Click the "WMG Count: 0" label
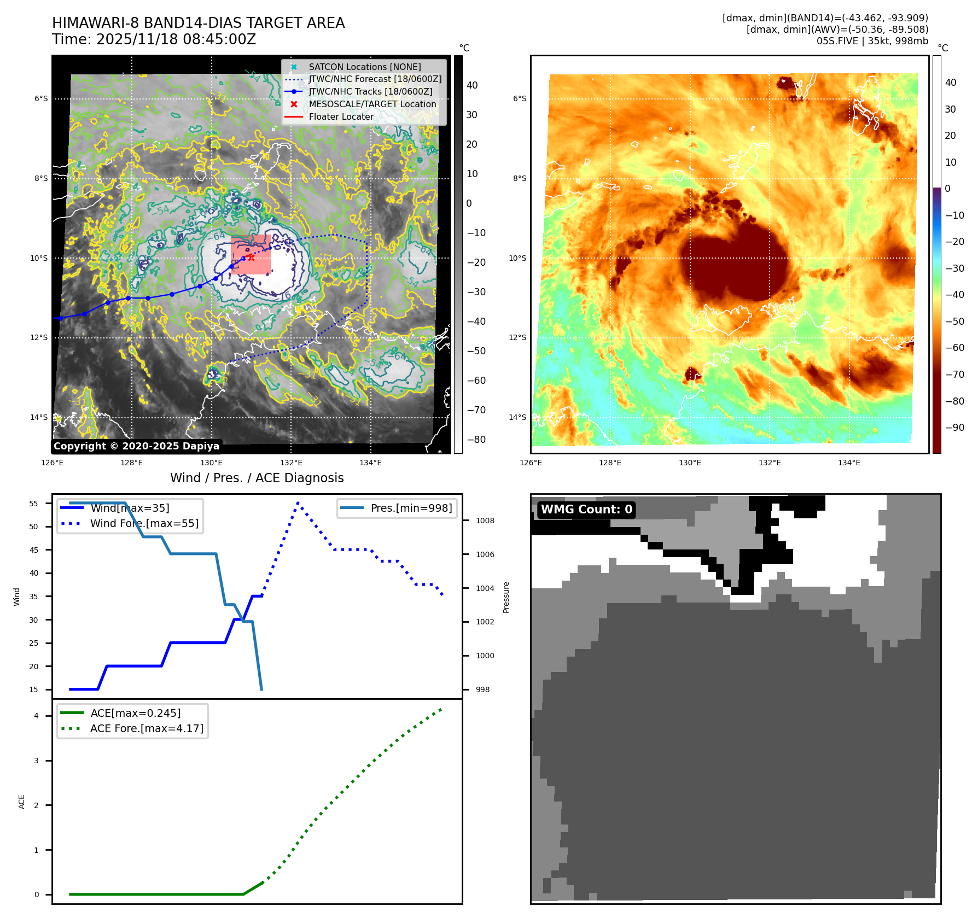coord(586,510)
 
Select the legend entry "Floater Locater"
coord(341,116)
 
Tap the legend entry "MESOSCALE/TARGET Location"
coord(372,104)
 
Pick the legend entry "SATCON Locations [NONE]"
coord(364,67)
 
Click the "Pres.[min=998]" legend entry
coord(411,508)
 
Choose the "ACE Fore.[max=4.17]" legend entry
coord(147,728)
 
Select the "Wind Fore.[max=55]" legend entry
coord(144,523)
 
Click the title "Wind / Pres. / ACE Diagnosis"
coord(257,478)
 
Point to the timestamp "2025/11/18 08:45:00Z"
coord(177,39)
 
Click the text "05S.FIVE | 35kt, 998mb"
coord(872,41)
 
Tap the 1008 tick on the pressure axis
coord(485,521)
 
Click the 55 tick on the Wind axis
coord(34,504)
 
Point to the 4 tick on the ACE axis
coord(36,716)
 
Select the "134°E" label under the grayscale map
coord(370,463)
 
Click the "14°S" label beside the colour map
coord(517,417)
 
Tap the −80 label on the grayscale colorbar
coord(476,440)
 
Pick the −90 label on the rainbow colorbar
coord(954,428)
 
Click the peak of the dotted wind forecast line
coord(298,502)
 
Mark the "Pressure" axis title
coord(506,597)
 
